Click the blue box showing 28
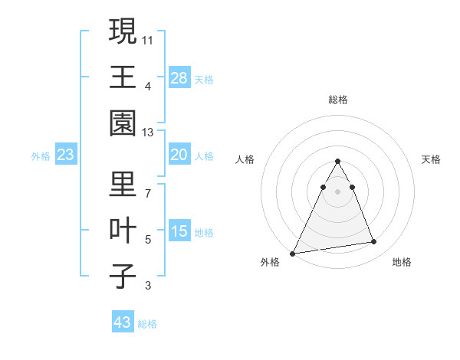tap(179, 77)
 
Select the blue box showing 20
tap(179, 155)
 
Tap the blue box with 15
tap(179, 231)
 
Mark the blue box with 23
tap(66, 155)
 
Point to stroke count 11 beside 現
tap(148, 40)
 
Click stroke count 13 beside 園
tap(148, 133)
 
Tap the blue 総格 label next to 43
tap(147, 324)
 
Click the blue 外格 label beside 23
tap(41, 156)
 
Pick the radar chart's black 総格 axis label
tap(337, 100)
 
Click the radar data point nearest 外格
tap(293, 253)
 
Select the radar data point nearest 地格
tap(374, 242)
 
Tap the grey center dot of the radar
tap(337, 191)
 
